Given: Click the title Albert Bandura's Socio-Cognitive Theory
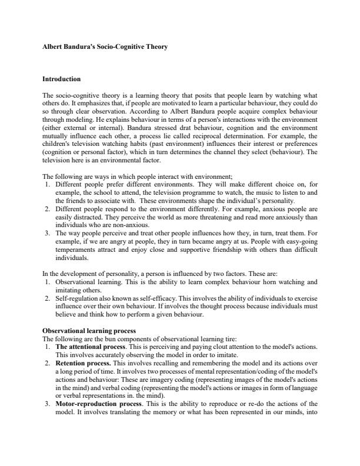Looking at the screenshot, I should [108, 46].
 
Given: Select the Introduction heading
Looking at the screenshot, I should [62, 79].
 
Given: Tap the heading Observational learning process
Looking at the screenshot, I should [89, 331].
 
